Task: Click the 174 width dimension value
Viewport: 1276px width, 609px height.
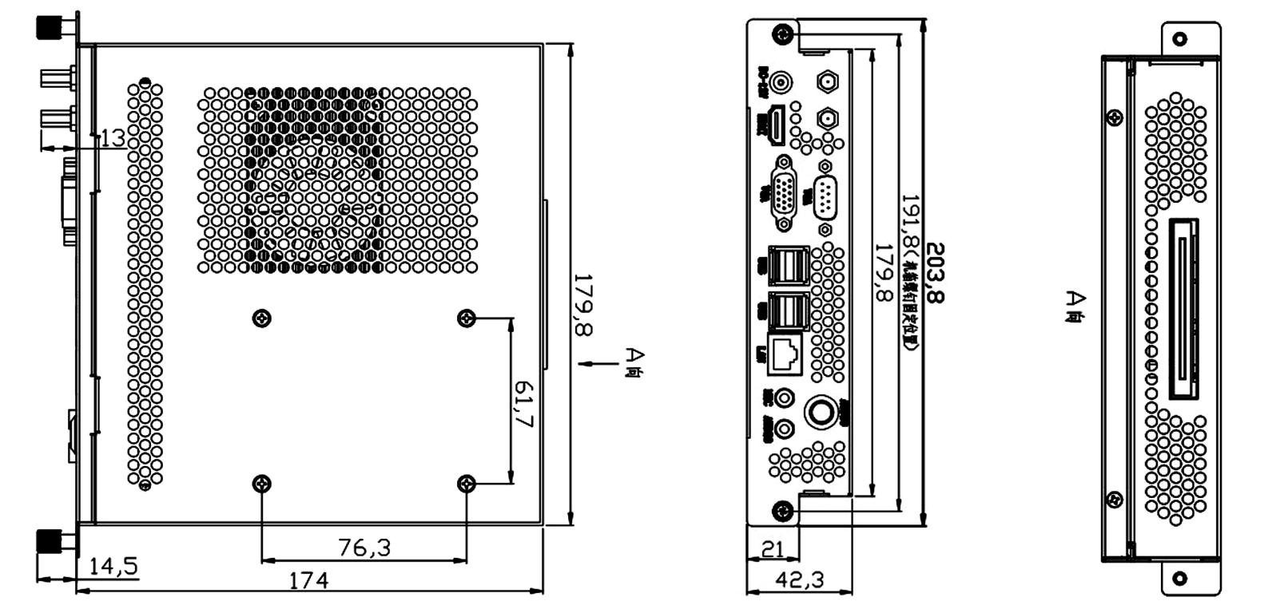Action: pyautogui.click(x=308, y=580)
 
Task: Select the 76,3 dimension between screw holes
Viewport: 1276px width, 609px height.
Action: pyautogui.click(x=364, y=548)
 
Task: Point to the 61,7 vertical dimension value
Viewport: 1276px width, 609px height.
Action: pyautogui.click(x=523, y=404)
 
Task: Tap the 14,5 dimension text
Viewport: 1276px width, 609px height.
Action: pyautogui.click(x=113, y=567)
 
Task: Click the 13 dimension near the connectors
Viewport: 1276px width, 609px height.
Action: pyautogui.click(x=113, y=138)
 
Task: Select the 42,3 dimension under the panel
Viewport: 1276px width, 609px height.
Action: pyautogui.click(x=800, y=580)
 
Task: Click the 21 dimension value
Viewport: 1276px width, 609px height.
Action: pyautogui.click(x=773, y=549)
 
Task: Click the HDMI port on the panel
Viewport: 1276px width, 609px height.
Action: pyautogui.click(x=776, y=126)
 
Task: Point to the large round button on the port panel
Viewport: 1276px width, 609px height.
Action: pyautogui.click(x=819, y=413)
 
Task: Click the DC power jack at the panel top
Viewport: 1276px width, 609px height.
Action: pyautogui.click(x=783, y=82)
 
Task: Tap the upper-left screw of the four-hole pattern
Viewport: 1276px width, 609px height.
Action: pyautogui.click(x=261, y=318)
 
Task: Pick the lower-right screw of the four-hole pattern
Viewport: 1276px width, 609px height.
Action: pyautogui.click(x=467, y=484)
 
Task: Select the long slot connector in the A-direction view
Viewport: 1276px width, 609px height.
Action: pyautogui.click(x=1184, y=308)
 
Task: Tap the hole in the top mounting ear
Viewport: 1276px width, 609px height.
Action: pyautogui.click(x=1179, y=38)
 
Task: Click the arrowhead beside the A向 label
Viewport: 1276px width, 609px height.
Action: pyautogui.click(x=585, y=364)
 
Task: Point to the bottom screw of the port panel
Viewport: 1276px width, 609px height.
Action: pyautogui.click(x=783, y=510)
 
